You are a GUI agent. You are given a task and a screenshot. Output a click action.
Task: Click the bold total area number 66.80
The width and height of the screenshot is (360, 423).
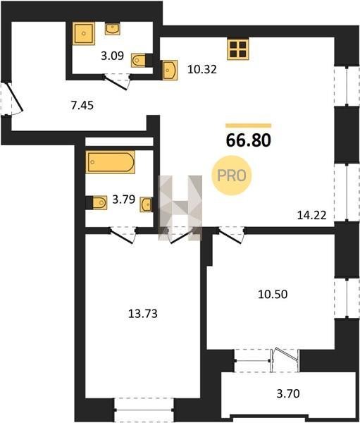[249, 140]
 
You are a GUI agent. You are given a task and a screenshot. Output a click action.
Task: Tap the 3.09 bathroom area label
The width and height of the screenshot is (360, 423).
[112, 56]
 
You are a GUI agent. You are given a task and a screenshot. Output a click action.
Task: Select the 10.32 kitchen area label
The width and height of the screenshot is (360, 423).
[202, 70]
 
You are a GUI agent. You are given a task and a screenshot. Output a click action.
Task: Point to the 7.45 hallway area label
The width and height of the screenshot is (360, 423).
[82, 105]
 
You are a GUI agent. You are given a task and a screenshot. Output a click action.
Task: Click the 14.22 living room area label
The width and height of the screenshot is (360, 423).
[311, 215]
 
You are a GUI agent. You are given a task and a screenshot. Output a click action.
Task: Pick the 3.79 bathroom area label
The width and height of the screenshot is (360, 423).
[123, 200]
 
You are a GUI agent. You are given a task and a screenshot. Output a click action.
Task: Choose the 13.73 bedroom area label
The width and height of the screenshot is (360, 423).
[142, 314]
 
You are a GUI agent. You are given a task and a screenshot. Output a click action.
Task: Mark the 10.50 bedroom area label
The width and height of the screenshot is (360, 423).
[273, 294]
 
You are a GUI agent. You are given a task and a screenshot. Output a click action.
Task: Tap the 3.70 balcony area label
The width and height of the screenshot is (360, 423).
[288, 393]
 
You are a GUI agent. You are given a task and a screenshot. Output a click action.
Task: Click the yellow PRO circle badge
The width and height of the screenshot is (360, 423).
[232, 176]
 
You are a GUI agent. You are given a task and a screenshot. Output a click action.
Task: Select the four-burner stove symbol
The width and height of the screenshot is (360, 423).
[237, 49]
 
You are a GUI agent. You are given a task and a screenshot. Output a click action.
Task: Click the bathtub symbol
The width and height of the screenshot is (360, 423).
[111, 162]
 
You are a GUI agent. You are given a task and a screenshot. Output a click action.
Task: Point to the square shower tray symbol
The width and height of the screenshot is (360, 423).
[84, 33]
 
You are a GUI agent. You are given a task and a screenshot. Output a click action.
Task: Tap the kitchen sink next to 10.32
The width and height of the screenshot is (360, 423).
[169, 70]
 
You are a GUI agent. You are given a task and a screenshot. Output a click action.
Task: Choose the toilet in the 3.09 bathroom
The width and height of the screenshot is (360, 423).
[140, 60]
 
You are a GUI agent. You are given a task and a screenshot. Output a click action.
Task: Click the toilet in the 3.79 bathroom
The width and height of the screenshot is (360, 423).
[98, 202]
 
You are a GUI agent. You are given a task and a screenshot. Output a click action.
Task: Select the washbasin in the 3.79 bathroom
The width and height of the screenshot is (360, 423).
[146, 204]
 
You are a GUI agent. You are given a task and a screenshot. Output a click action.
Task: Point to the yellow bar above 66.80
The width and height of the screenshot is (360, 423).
[249, 125]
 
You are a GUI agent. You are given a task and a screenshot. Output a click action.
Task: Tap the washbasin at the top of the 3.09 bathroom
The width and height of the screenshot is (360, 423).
[113, 29]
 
